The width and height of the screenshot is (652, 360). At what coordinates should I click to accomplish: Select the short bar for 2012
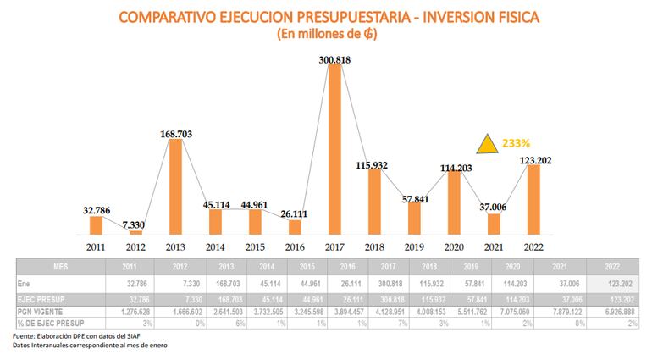(x=136, y=231)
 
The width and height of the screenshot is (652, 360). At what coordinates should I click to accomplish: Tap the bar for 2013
(x=175, y=186)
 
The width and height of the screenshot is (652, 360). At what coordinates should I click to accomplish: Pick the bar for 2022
(x=534, y=199)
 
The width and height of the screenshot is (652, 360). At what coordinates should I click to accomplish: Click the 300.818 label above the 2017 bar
(x=335, y=59)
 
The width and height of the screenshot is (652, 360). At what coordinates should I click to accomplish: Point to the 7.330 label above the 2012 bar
(x=136, y=223)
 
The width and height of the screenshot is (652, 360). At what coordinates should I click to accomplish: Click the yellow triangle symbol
(x=487, y=145)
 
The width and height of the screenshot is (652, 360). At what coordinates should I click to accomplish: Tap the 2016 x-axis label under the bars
(x=295, y=246)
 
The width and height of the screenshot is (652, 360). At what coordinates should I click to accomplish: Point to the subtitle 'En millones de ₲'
(x=326, y=35)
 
